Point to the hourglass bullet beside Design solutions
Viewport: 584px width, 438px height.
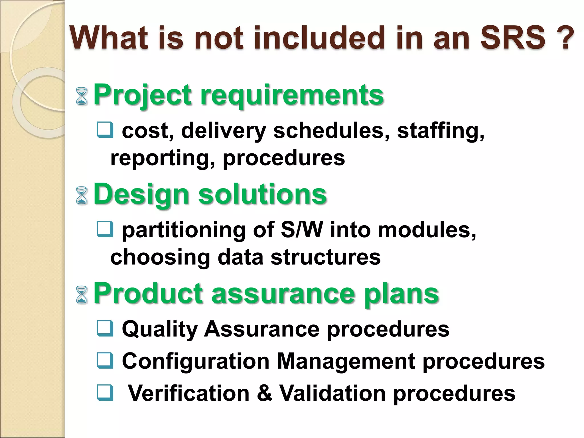coord(82,195)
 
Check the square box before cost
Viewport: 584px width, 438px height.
coord(105,130)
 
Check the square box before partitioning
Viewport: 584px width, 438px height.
coord(105,229)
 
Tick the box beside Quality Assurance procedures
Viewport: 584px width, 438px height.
coord(105,328)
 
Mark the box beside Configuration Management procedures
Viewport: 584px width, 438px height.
coord(105,361)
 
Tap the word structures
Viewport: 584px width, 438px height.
coord(325,257)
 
